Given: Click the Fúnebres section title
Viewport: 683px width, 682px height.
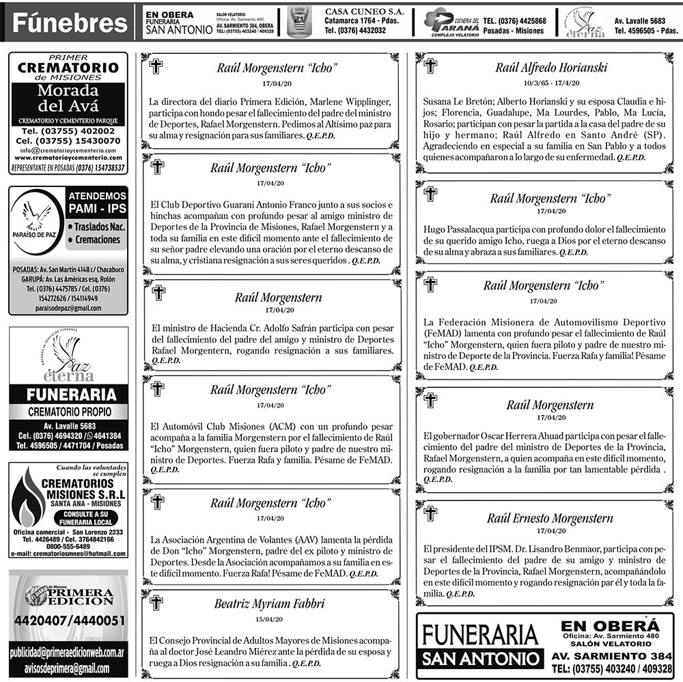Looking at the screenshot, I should coord(70,24).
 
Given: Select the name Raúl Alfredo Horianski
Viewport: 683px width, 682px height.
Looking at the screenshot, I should coord(551,67).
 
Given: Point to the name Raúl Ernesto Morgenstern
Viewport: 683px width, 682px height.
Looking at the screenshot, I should coord(540,518).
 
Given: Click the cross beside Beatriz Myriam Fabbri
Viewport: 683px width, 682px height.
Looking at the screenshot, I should coord(158,603).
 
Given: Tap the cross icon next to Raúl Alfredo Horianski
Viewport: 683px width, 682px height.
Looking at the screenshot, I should coord(430,66).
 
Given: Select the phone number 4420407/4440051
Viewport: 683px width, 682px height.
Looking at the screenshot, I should coord(68,621).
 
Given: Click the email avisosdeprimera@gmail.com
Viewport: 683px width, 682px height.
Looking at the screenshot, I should coord(68,666).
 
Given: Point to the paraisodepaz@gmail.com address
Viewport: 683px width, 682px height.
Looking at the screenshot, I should coord(68,308).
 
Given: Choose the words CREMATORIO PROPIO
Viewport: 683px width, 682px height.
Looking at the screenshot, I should coord(68,412).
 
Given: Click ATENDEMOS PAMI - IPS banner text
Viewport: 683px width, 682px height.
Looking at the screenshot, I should coord(97,201).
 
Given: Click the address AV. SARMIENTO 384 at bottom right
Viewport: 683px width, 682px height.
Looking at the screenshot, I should coord(613,656).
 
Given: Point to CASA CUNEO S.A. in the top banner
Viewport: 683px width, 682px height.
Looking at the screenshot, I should coord(364,12).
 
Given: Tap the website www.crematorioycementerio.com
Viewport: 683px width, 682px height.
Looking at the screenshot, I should coord(68,157).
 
